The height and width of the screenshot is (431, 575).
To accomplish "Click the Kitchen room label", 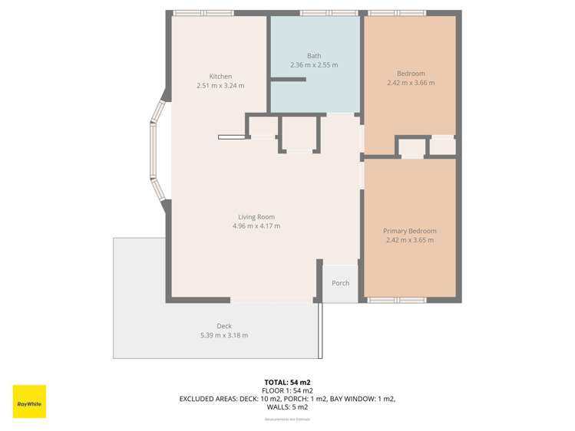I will pos(220,77).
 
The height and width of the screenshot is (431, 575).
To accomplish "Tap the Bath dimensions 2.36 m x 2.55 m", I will pos(313,65).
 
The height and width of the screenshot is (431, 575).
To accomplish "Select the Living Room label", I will pos(256,217).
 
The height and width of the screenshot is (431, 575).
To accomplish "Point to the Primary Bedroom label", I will pos(410,231).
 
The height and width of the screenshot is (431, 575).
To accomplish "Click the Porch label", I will pos(340,283).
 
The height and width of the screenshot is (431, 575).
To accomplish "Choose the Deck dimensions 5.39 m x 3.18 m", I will pos(223,335).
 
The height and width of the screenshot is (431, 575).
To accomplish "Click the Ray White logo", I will pos(29,401).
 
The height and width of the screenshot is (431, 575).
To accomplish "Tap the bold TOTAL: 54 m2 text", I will pos(287,382).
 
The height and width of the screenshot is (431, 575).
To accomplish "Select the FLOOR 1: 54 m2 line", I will pos(287,390).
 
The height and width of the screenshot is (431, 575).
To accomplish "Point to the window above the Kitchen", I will pos(203,13).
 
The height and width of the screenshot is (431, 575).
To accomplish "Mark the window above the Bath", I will pos(322,13).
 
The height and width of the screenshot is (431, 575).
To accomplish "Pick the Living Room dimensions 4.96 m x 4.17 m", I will pos(256,226).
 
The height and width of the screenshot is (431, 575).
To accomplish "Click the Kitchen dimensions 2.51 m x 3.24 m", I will pos(220,86).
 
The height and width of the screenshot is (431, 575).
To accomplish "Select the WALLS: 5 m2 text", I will pos(287,407).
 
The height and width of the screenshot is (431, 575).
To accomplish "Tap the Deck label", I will pos(223,326).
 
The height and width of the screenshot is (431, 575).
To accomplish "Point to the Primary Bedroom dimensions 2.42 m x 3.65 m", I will pos(410,240).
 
